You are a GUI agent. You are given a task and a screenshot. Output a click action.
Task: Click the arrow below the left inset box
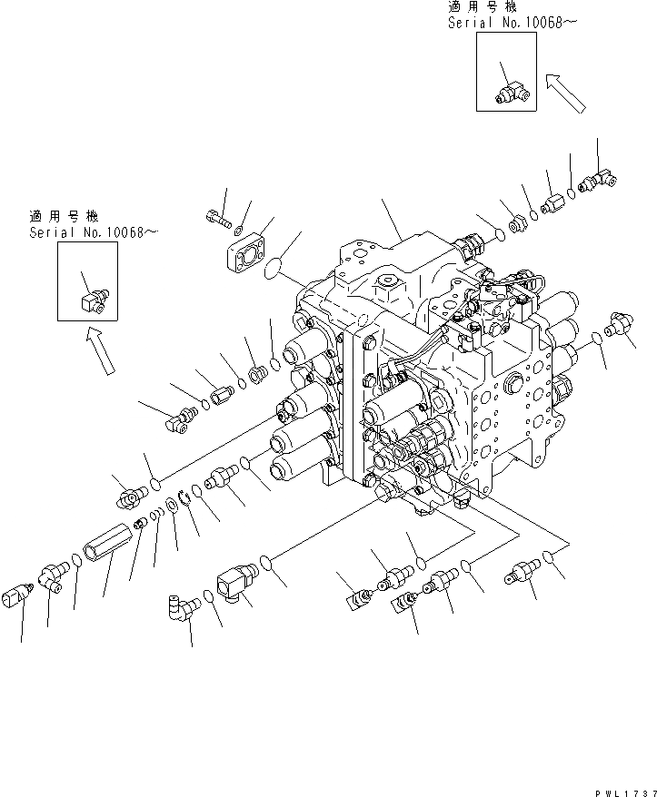[102, 349]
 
